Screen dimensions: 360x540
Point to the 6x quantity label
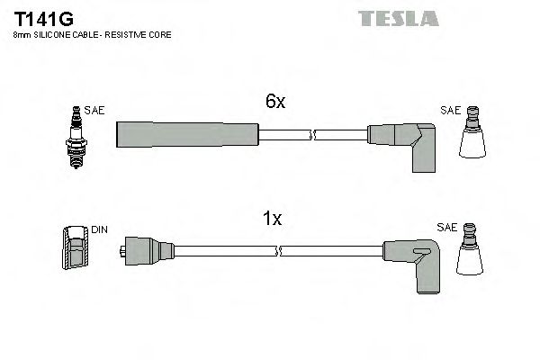[274, 103]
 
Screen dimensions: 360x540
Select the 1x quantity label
[274, 219]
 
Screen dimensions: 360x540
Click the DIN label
[99, 230]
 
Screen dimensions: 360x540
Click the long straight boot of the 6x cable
[187, 134]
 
